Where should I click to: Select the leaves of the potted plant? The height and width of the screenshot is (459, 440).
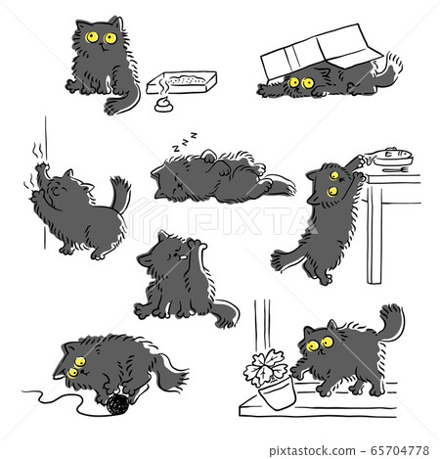(x=266, y=360)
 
